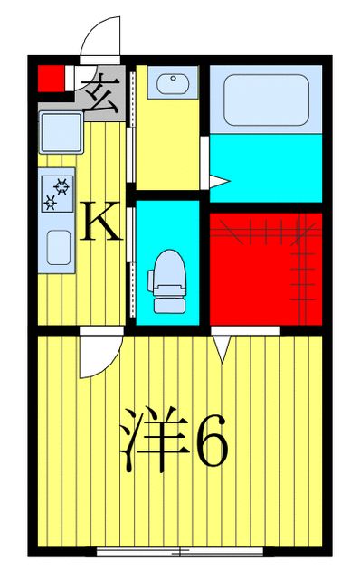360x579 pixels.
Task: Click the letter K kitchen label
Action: (101, 223)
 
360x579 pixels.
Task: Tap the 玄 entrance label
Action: (101, 93)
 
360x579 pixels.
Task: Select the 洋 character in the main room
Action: (153, 441)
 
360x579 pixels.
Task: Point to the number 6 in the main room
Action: (212, 441)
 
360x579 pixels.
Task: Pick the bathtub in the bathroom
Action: (264, 99)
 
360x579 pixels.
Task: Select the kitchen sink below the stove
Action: (59, 246)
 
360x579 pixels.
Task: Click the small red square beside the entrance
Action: (52, 79)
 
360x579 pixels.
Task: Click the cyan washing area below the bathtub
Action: (267, 167)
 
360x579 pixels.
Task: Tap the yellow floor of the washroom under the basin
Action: (166, 145)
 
